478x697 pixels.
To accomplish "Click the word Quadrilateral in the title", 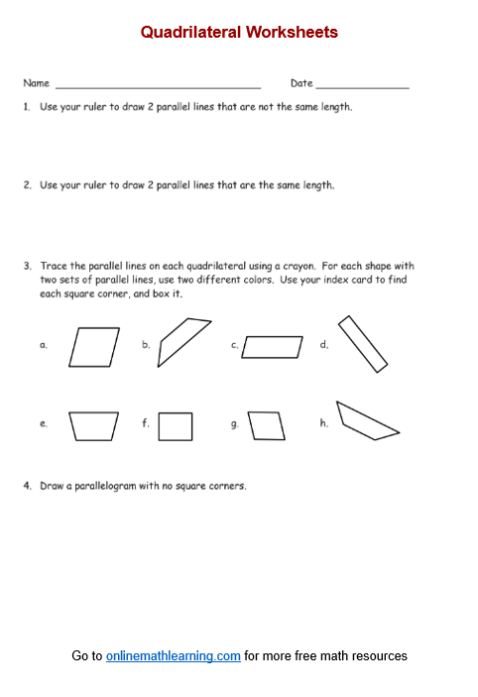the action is [x=191, y=33].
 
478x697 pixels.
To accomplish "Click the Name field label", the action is [x=36, y=83].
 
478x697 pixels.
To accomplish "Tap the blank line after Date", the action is [x=362, y=88].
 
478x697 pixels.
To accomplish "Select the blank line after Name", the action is [x=159, y=88].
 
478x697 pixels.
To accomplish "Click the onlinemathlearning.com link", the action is [x=174, y=655].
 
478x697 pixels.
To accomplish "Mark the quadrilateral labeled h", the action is [x=369, y=417].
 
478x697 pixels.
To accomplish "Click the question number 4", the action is [x=28, y=486].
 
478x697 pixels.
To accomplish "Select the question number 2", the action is [x=28, y=185].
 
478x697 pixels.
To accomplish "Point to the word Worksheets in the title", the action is [x=292, y=33].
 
